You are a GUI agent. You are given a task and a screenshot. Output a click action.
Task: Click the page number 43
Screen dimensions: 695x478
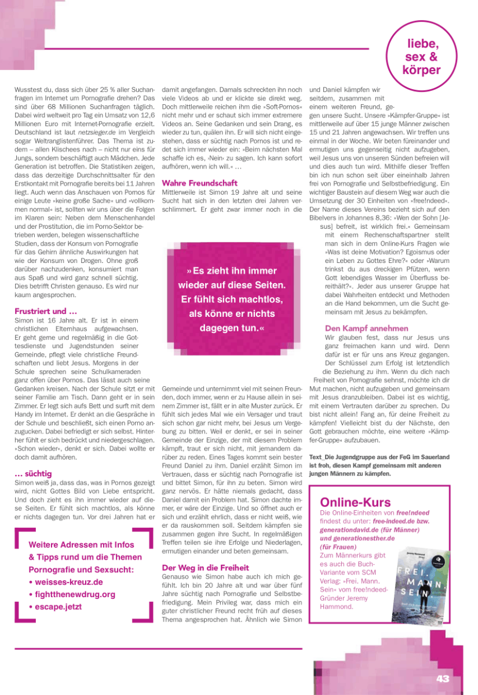click(x=443, y=679)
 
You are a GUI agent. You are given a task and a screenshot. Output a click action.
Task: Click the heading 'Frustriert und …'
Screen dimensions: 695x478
click(x=45, y=311)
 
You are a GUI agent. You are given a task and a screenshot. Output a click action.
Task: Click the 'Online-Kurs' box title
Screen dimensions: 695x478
click(x=355, y=502)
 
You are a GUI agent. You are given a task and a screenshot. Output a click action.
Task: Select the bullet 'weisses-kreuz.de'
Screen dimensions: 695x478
click(x=68, y=581)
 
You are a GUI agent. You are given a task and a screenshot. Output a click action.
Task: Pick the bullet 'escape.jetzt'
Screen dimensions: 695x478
click(x=58, y=606)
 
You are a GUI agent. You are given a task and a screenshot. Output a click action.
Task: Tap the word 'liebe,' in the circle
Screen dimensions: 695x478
click(x=423, y=44)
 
